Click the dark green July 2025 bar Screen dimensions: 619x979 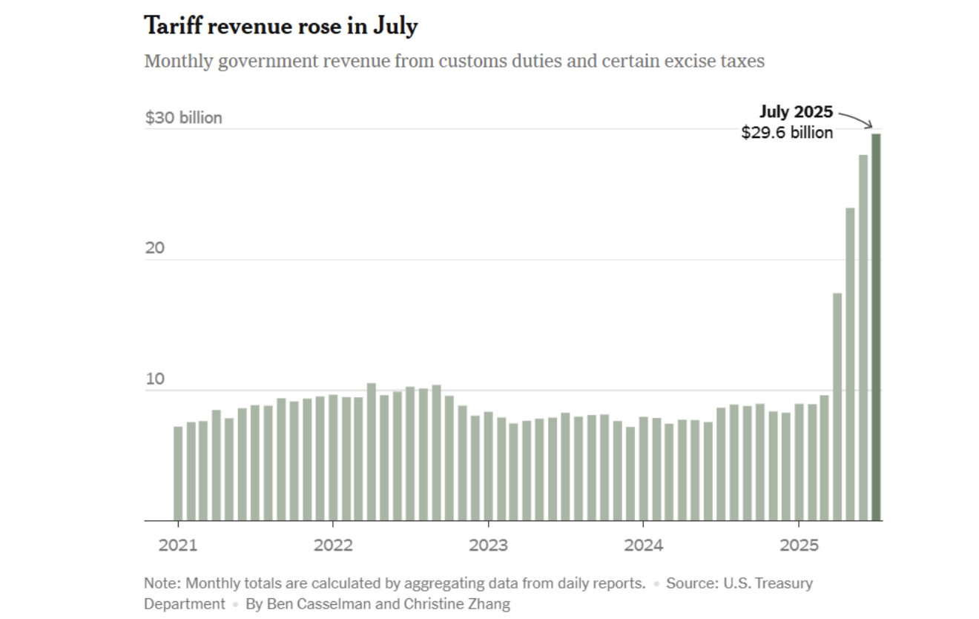tap(876, 327)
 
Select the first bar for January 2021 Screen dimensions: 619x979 tap(178, 474)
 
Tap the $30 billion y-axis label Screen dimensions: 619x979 tap(183, 117)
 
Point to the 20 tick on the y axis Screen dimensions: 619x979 tap(154, 248)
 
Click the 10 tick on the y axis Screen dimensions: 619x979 tap(154, 379)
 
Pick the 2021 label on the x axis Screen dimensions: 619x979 tap(178, 546)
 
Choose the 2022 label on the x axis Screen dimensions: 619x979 tap(333, 546)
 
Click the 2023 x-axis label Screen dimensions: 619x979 tap(488, 546)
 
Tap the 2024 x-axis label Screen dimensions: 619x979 tap(643, 546)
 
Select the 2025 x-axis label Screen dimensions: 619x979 tap(799, 546)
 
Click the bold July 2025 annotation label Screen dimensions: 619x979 tap(796, 112)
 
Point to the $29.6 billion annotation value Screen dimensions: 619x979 tap(787, 132)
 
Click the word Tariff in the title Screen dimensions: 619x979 tap(172, 27)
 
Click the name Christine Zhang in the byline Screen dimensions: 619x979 tap(457, 603)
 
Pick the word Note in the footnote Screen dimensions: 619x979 tap(159, 583)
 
